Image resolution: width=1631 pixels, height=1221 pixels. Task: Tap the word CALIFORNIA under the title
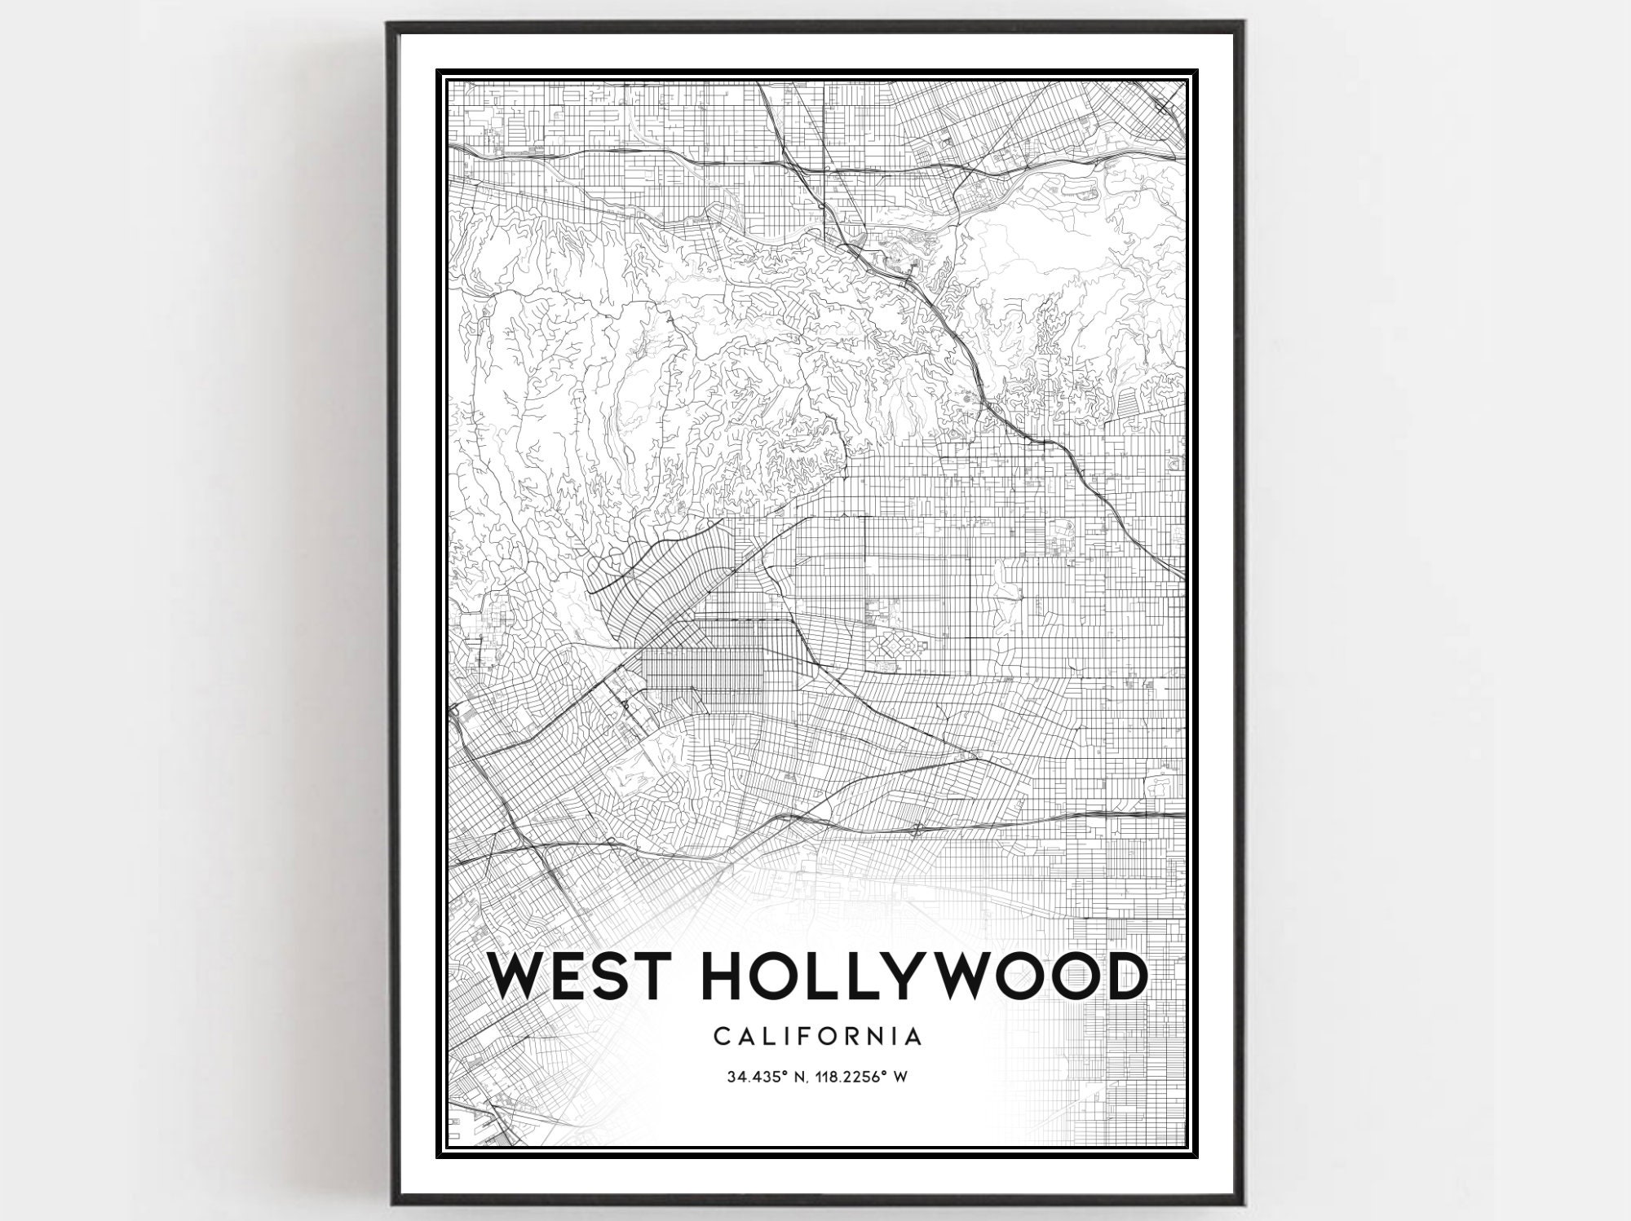tap(818, 1036)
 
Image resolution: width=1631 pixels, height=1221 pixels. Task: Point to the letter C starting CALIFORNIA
tap(721, 1036)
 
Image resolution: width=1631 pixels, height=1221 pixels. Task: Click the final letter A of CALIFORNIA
tap(913, 1036)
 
